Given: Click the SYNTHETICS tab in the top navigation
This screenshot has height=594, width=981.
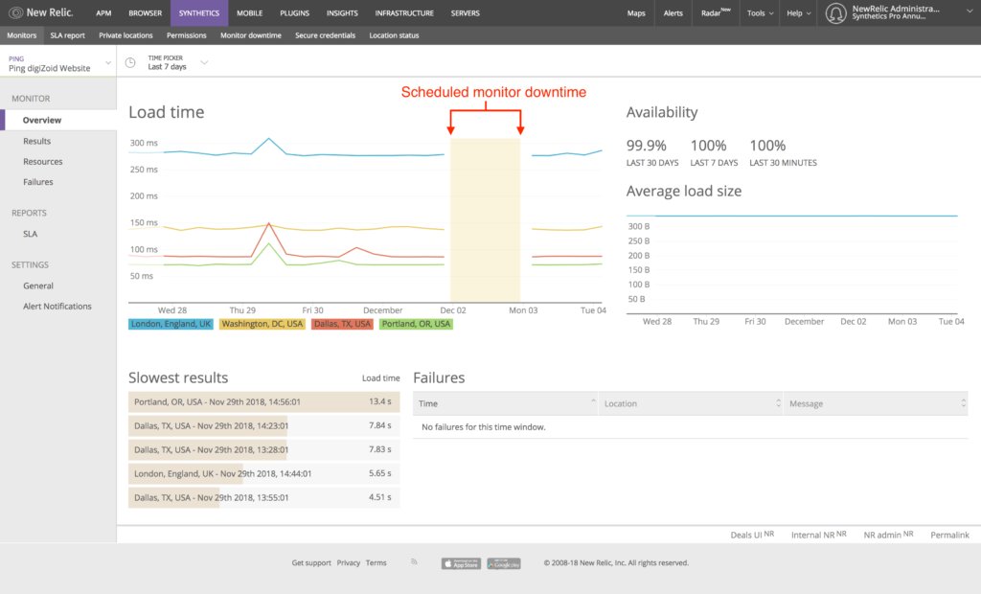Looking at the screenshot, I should coord(199,13).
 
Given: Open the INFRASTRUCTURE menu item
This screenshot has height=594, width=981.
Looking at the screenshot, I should coord(404,13).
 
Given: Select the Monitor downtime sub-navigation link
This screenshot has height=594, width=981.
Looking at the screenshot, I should coord(251,35).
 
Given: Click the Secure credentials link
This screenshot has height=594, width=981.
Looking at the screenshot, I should coord(325,35).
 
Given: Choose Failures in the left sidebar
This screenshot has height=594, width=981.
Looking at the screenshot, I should coord(38,182).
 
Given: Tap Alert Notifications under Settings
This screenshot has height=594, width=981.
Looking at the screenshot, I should coord(57,307).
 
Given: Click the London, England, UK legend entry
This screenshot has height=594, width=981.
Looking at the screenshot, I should coord(171,325).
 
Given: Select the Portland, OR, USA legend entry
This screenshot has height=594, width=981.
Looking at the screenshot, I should coord(416,325).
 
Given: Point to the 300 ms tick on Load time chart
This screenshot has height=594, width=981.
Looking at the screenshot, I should coord(144,144).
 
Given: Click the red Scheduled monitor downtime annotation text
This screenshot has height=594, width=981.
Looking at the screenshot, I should coord(493,93).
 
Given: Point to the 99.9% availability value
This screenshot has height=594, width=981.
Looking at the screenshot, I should coord(647,146).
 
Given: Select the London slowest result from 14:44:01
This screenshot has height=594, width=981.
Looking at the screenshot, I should coord(222,473).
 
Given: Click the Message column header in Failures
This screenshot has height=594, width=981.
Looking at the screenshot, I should coord(806,404).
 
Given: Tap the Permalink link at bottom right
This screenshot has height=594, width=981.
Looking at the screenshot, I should coord(949,535).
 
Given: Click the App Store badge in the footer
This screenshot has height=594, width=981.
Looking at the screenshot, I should coord(461,563).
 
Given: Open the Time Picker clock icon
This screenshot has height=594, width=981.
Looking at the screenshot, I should coord(130,62).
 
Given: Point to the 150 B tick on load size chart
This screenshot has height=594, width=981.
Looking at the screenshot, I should coord(638,270).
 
